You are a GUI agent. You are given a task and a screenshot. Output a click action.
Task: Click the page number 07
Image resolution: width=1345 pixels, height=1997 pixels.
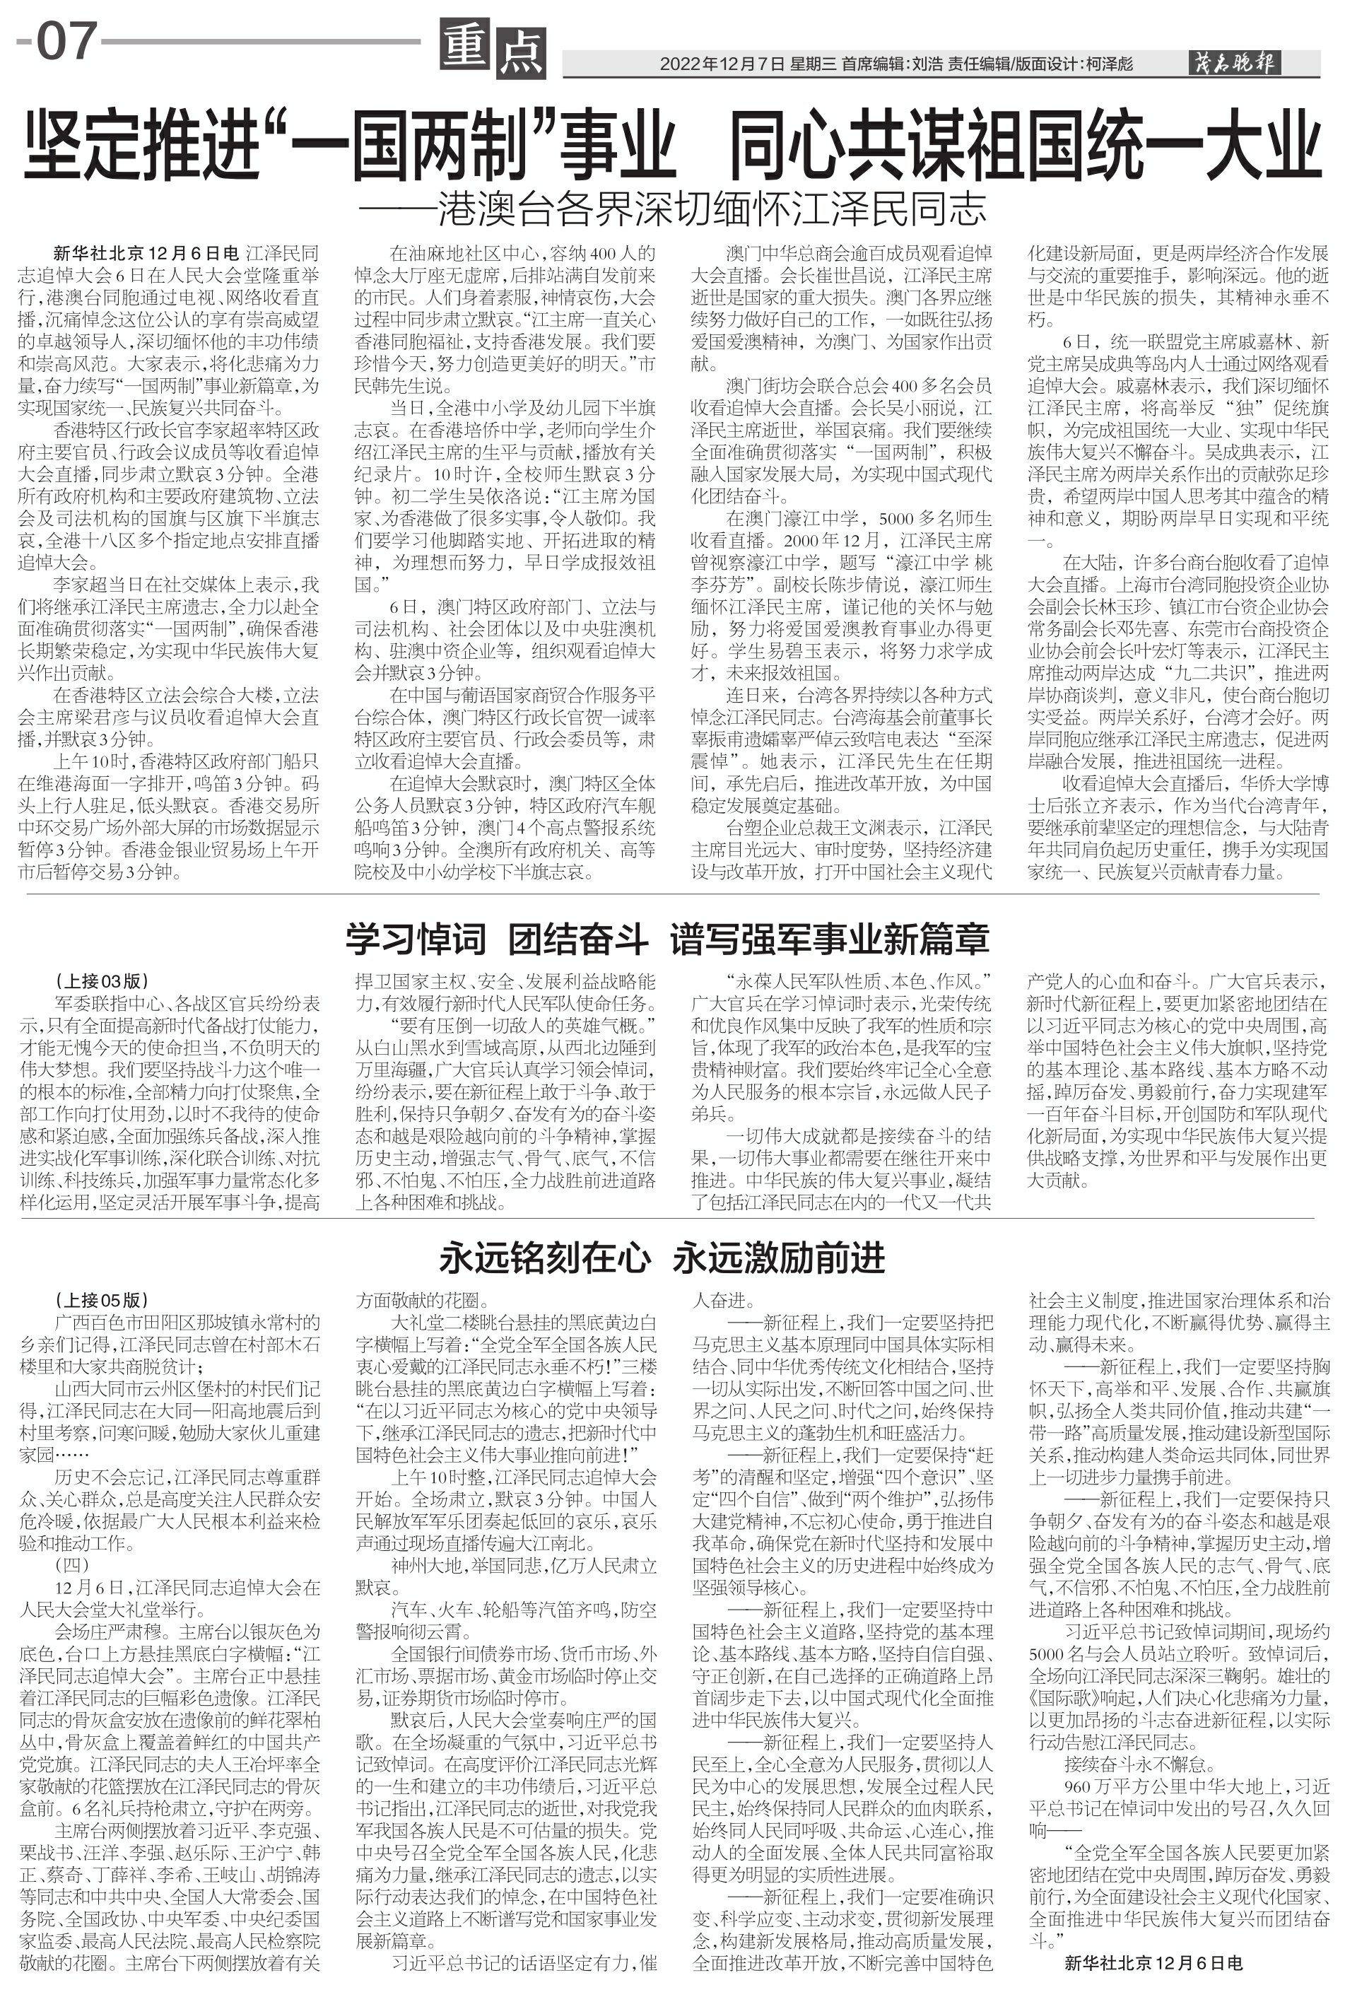(64, 42)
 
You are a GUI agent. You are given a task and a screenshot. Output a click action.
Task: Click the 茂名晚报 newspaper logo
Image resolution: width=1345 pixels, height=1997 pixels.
(1233, 63)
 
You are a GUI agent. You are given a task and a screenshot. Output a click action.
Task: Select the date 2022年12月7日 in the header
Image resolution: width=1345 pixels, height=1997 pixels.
(722, 64)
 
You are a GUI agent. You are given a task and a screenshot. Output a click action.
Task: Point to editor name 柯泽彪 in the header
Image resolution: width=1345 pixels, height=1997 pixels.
(1109, 64)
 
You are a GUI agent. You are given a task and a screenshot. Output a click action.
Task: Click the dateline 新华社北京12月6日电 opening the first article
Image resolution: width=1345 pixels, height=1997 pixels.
(146, 254)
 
